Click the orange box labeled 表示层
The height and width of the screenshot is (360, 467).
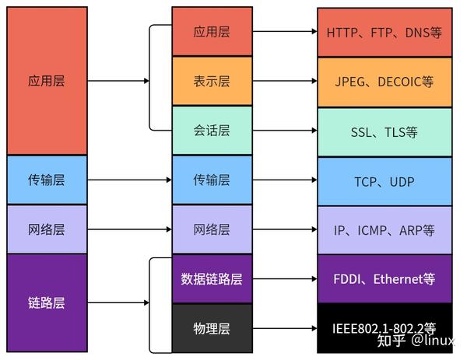[x=212, y=81]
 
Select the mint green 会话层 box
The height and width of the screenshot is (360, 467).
[x=212, y=131]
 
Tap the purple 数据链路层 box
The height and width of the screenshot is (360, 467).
[x=212, y=278]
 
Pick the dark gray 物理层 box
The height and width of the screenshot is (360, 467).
[x=212, y=327]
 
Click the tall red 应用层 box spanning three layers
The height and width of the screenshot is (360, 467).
[x=47, y=81]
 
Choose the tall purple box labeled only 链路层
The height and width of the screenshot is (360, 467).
[x=47, y=302]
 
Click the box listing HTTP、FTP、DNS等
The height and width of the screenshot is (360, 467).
[x=384, y=33]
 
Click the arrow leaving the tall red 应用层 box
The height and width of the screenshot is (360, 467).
[x=117, y=81]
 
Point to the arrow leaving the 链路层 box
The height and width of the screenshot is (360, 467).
[x=117, y=302]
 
